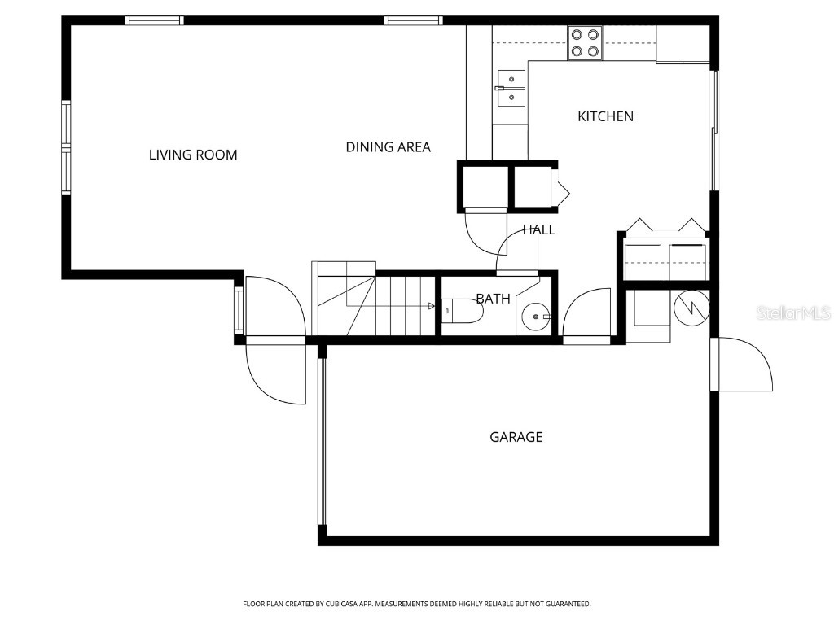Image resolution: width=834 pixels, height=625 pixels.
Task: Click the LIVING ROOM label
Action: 193,155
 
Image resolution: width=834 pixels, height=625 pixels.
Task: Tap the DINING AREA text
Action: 388,147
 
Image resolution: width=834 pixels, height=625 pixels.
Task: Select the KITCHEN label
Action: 605,116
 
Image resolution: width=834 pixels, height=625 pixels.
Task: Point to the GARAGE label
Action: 516,437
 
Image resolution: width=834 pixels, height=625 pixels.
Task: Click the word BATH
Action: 493,299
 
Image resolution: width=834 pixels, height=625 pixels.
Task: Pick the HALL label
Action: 538,229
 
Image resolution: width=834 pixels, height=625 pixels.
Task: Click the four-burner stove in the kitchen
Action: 585,42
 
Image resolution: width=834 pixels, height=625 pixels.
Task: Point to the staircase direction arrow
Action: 431,306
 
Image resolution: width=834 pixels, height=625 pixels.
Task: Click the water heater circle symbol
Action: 691,307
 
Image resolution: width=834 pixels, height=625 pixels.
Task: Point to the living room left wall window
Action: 66,146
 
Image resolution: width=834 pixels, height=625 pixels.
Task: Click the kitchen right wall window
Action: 714,130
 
